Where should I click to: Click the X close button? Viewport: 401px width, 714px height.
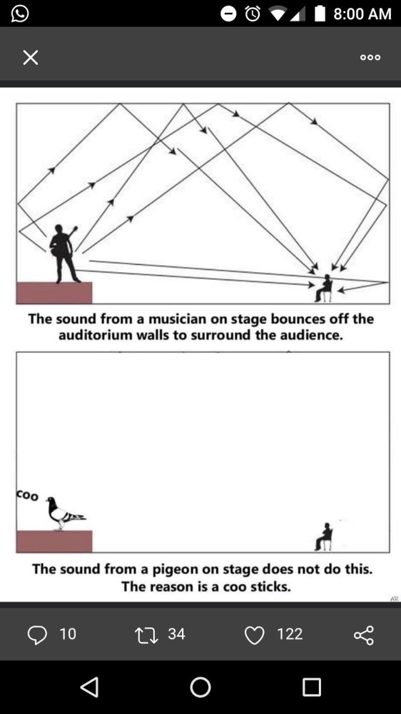coord(31,57)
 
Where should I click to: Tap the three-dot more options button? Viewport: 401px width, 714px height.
coord(370,57)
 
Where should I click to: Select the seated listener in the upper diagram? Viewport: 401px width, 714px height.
coord(324,288)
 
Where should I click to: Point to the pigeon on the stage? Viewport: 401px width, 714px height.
coord(65,513)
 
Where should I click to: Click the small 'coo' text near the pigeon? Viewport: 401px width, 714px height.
coord(27,495)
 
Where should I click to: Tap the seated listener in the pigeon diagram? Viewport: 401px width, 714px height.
coord(324,537)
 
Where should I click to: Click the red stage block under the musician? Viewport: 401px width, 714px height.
coord(54,293)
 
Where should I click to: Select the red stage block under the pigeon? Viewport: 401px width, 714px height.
coord(54,541)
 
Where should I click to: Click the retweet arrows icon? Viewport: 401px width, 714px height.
coord(146,635)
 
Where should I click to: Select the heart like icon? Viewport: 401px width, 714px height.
coord(255,635)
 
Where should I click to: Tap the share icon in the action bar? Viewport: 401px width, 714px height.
coord(364,635)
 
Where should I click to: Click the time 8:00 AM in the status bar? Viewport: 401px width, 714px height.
coord(362,14)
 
